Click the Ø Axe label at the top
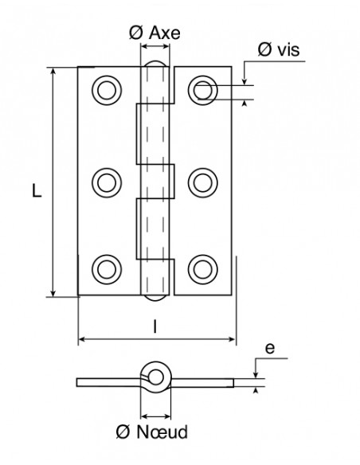[x=155, y=33]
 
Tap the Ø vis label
[x=279, y=49]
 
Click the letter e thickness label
[x=270, y=349]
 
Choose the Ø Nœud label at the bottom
[x=152, y=432]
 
